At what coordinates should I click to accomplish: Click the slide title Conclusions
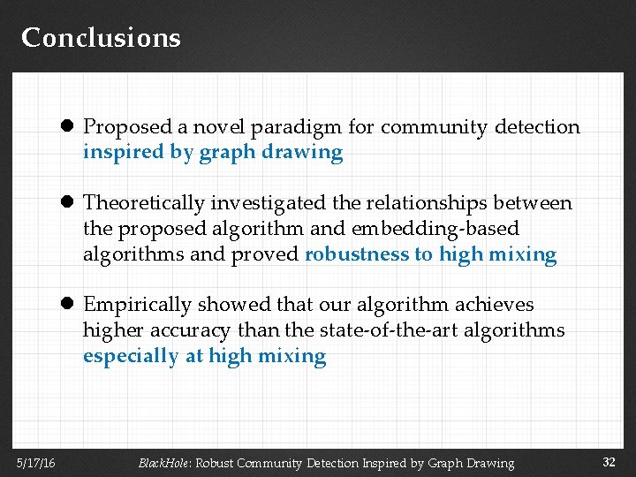tap(101, 38)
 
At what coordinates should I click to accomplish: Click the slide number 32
tap(609, 463)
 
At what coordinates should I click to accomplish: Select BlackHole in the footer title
tap(164, 463)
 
